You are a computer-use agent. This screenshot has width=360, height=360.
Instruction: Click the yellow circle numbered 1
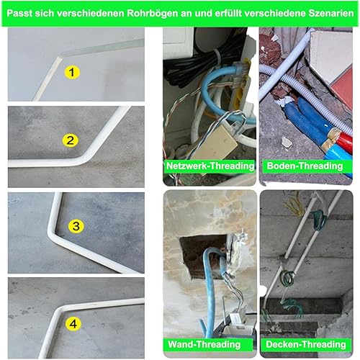pos(72,72)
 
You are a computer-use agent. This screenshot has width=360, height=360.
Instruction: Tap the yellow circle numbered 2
pos(70,140)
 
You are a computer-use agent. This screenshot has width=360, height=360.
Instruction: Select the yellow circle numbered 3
pos(76,226)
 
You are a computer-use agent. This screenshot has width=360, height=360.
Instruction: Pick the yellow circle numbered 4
pos(73,324)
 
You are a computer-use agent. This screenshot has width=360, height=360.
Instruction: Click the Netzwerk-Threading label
pos(210,166)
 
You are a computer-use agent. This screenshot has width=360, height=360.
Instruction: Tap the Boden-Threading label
pos(305,166)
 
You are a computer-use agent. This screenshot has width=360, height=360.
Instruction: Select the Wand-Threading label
pos(204,344)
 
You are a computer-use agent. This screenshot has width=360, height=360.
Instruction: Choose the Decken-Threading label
pos(306,344)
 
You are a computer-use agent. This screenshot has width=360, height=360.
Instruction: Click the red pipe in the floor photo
pos(343,141)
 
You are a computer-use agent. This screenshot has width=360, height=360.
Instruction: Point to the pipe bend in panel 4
pos(60,310)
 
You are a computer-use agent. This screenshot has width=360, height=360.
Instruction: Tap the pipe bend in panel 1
pos(60,57)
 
